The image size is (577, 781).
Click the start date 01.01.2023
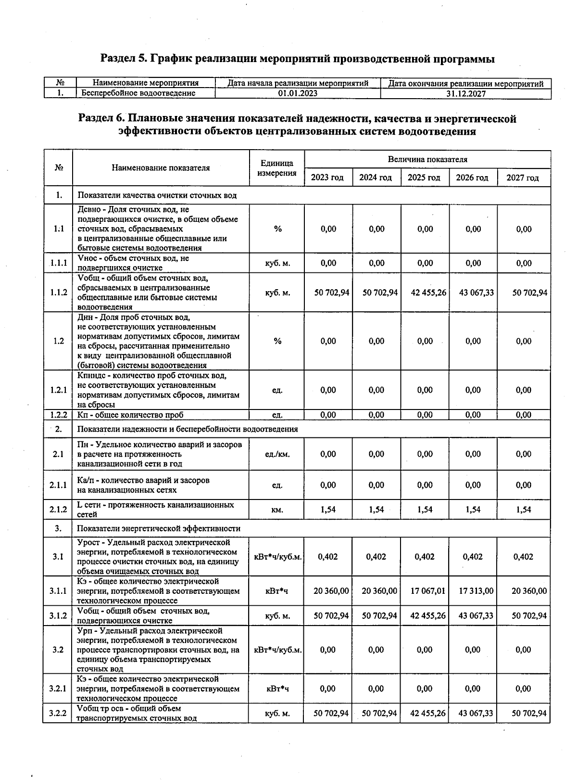(x=298, y=93)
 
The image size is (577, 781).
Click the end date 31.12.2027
(x=465, y=94)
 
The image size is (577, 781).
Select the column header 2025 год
(x=424, y=178)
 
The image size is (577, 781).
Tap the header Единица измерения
(x=276, y=168)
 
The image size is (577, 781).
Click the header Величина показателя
(x=427, y=159)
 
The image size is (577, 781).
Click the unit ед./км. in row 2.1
(x=277, y=454)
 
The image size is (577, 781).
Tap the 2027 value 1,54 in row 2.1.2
(x=523, y=509)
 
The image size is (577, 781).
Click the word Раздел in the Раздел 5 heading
(x=118, y=59)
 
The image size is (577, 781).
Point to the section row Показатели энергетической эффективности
(x=159, y=528)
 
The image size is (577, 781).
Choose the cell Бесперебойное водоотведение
(x=138, y=93)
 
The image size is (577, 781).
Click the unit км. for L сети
(x=277, y=510)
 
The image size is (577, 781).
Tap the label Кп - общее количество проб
(x=130, y=415)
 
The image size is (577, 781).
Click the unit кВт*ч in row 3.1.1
(x=277, y=590)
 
